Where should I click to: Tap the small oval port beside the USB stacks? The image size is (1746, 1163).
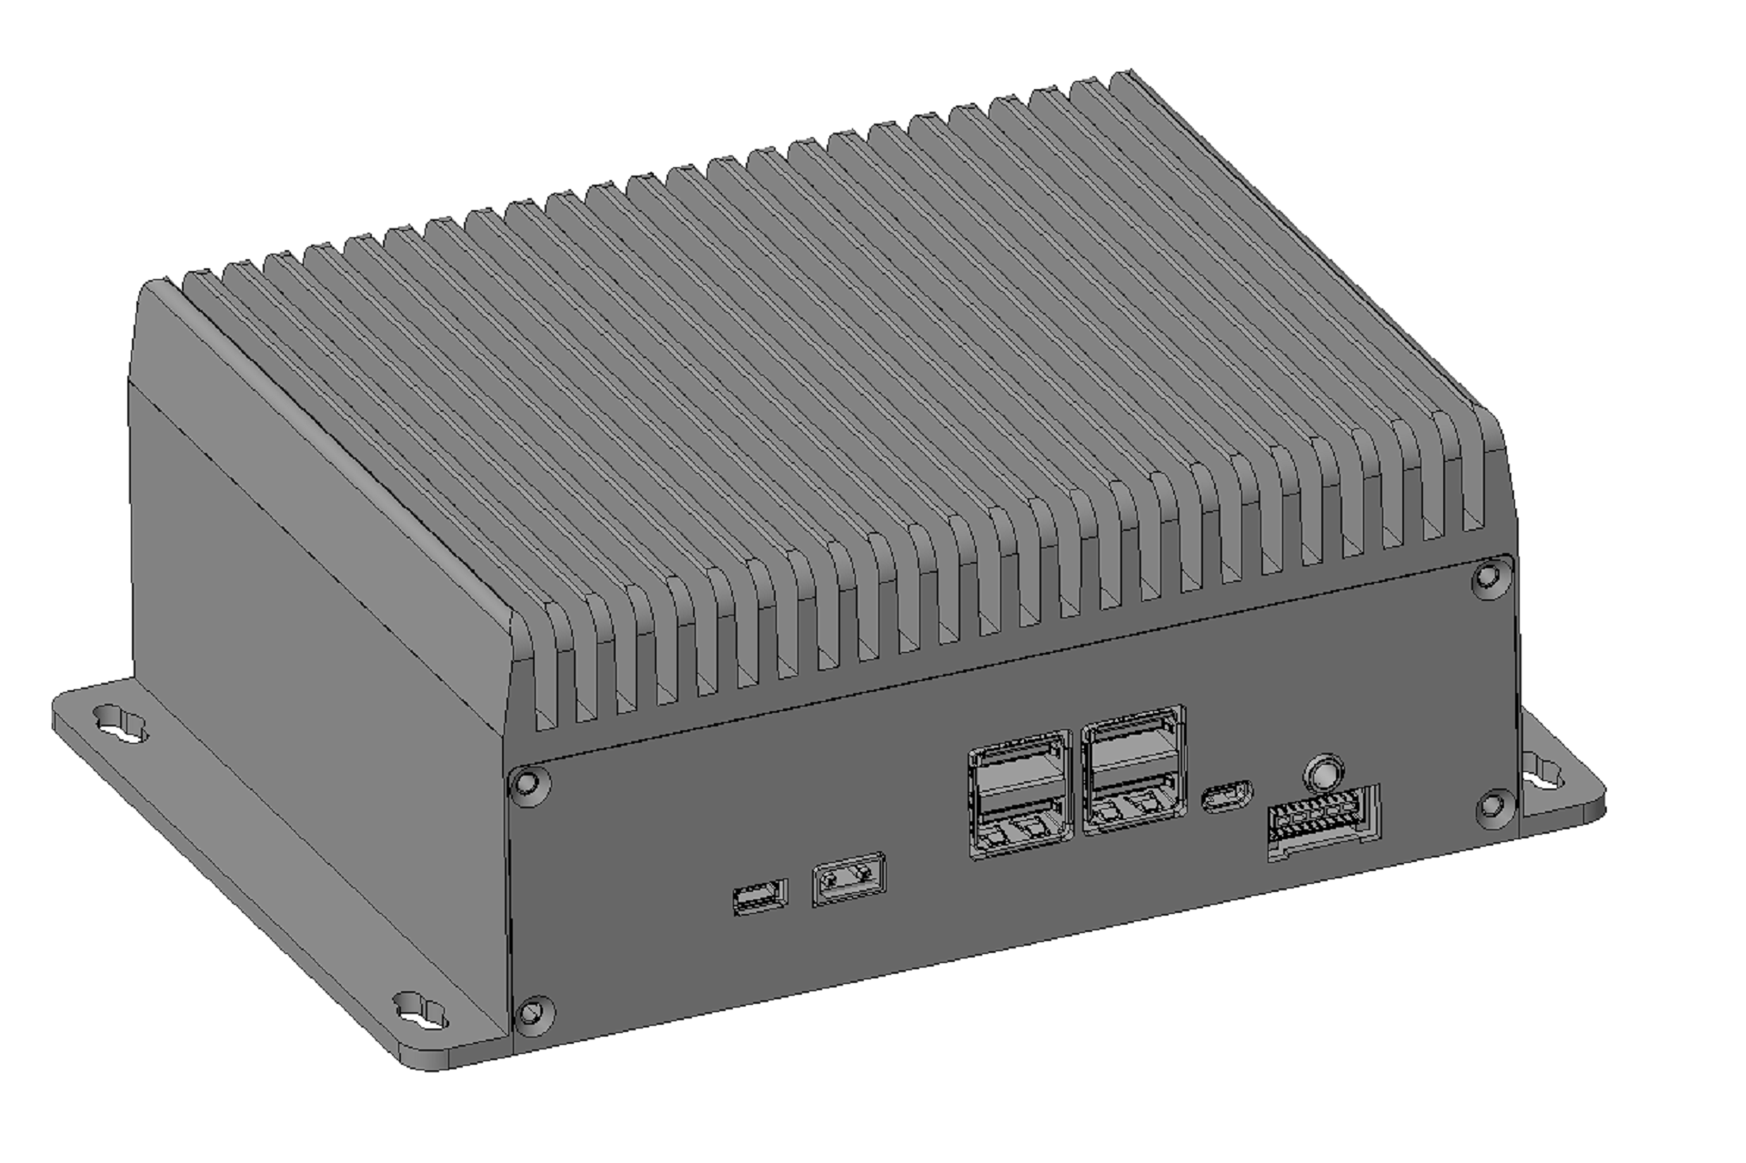click(x=1226, y=797)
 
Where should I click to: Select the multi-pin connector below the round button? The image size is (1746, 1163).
click(x=1323, y=819)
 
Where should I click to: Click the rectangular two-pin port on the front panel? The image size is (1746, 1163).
click(x=848, y=879)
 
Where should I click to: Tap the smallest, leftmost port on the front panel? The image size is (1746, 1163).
click(x=759, y=897)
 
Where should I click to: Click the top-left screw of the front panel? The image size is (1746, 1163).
click(x=528, y=785)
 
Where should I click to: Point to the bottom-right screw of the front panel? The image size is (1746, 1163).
click(x=1492, y=806)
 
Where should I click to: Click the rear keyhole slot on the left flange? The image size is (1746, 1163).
click(x=121, y=725)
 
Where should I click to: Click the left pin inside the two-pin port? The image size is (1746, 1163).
click(x=832, y=880)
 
